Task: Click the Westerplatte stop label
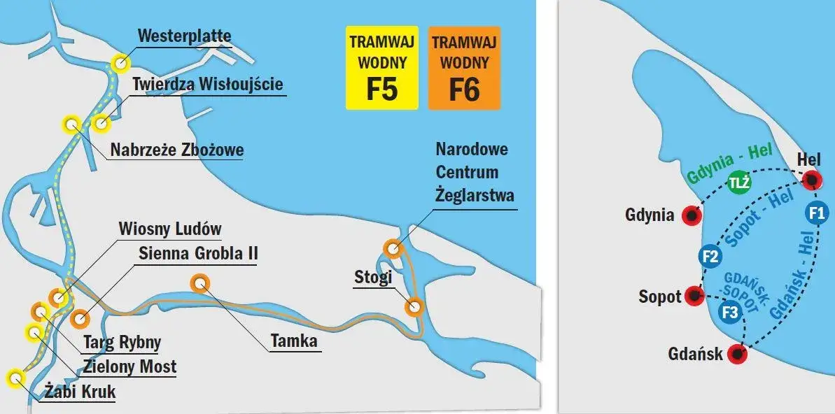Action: click(x=184, y=36)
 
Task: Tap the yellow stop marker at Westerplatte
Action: click(x=120, y=63)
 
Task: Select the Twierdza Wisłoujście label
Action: click(x=208, y=85)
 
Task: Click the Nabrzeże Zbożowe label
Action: click(x=177, y=150)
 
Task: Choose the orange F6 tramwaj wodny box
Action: click(x=464, y=68)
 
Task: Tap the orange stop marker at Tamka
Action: click(x=200, y=283)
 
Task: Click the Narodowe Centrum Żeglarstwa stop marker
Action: click(x=393, y=248)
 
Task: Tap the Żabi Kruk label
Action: click(x=79, y=392)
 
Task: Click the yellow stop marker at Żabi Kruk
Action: click(x=15, y=379)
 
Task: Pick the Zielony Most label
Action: click(x=129, y=366)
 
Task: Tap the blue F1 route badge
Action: click(x=815, y=213)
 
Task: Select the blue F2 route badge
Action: click(x=710, y=257)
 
